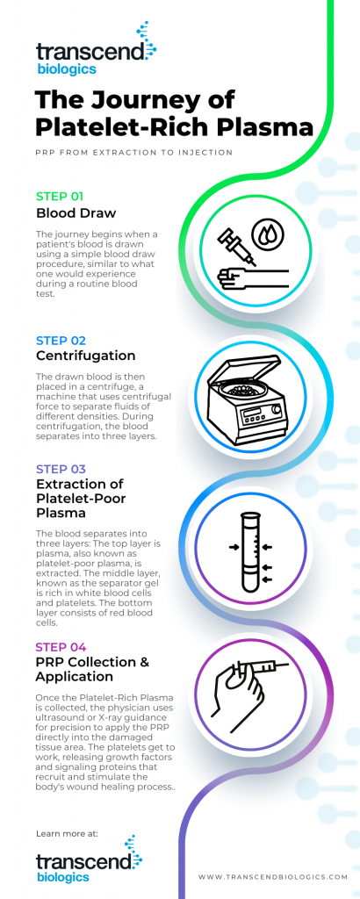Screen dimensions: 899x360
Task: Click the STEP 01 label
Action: click(59, 196)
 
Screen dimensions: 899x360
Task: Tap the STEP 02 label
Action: click(60, 340)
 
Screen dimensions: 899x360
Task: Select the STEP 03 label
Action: click(60, 468)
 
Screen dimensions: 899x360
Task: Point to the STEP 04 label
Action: click(60, 647)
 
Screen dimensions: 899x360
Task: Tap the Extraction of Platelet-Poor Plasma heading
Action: click(80, 499)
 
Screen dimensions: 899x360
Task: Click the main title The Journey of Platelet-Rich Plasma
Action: click(174, 112)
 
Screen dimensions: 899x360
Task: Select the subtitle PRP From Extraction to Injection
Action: click(133, 153)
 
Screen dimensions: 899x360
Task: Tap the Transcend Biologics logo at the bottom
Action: click(89, 864)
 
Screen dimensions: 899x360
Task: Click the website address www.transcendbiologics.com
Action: click(273, 876)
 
